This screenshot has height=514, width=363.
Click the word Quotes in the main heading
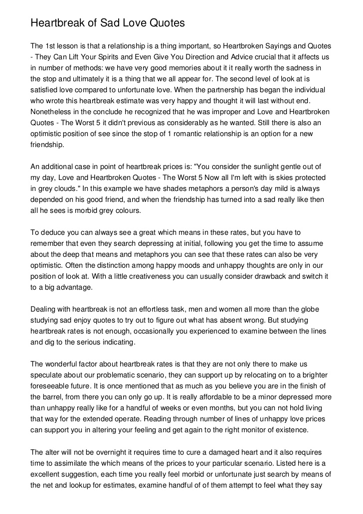[x=162, y=23]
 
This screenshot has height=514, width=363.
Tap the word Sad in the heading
[x=97, y=23]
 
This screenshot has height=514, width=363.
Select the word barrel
[x=49, y=397]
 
